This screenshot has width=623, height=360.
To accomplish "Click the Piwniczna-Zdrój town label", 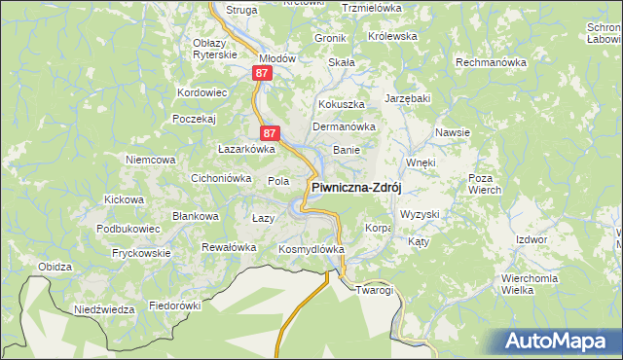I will [355, 188].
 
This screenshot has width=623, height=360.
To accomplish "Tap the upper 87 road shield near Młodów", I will [260, 73].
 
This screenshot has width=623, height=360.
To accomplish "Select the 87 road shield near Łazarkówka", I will [271, 133].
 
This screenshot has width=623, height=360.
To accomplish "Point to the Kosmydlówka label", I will [312, 249].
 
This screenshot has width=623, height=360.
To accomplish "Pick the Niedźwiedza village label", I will [104, 309].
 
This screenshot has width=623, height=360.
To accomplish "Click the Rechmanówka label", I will [491, 62].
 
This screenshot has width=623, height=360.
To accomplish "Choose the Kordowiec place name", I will [202, 92].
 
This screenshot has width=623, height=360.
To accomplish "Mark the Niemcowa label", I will [150, 159].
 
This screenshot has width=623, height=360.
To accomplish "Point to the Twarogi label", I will [374, 290].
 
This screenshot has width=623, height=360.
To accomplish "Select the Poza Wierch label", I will [484, 184].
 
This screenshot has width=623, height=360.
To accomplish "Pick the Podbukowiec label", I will [128, 228].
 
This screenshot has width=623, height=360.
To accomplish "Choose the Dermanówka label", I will [344, 126].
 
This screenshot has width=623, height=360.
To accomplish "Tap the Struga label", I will [241, 9].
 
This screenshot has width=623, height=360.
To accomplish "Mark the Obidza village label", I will [55, 266].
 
